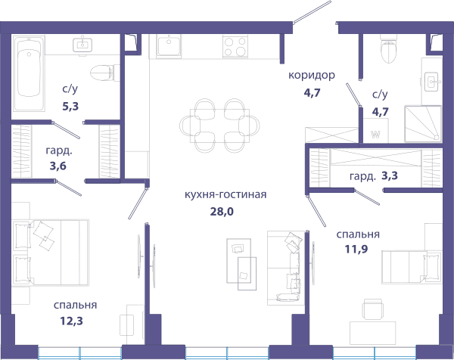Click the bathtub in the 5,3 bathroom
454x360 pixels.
click(29, 73)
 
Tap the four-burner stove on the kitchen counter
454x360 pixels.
click(235, 46)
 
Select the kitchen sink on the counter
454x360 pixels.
click(169, 45)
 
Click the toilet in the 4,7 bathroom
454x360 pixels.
click(388, 48)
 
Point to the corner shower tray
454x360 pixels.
click(423, 124)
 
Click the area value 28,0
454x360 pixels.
click(222, 212)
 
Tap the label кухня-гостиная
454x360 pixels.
click(225, 194)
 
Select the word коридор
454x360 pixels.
click(312, 75)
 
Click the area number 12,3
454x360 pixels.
click(71, 321)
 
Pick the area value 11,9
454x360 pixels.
click(356, 249)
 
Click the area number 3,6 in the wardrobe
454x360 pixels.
click(58, 166)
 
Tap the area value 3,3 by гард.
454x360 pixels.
click(390, 175)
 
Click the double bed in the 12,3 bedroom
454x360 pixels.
click(51, 253)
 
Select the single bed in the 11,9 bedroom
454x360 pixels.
click(412, 267)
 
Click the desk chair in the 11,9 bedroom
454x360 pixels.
click(373, 309)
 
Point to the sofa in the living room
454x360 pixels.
click(286, 268)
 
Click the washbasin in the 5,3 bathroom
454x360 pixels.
click(82, 45)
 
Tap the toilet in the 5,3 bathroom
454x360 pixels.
click(104, 73)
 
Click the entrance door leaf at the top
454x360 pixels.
click(312, 12)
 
